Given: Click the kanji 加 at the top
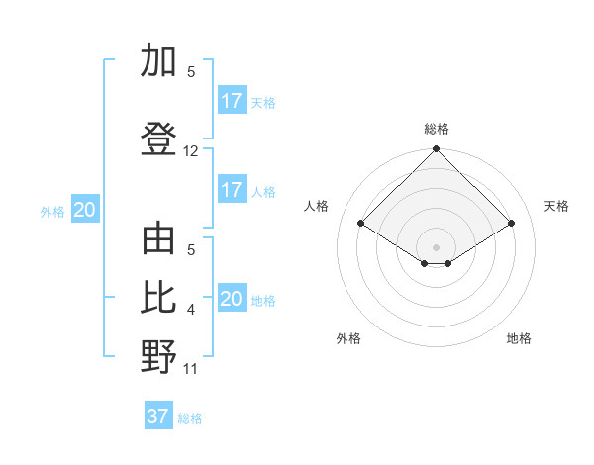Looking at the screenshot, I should click(158, 61).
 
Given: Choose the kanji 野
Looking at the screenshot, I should click(158, 357).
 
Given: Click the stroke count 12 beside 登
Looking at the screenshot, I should click(191, 151).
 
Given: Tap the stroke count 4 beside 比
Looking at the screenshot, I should click(191, 310).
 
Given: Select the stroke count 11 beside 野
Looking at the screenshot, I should click(191, 369).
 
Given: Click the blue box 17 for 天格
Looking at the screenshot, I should click(232, 101).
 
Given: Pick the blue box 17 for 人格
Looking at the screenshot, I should click(232, 190).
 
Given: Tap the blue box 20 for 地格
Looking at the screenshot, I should click(232, 299).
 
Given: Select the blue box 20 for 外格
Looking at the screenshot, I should click(84, 210).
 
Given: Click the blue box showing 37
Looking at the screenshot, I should click(157, 417).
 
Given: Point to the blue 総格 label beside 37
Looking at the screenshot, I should click(190, 418).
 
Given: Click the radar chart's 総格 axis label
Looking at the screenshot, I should click(437, 129).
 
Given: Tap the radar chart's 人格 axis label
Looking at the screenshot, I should click(317, 206).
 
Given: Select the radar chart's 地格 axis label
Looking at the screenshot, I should click(519, 338).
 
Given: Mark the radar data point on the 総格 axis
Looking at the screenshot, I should click(437, 149).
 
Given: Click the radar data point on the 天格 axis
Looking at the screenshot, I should click(512, 224).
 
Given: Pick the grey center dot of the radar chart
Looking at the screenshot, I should click(437, 245).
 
